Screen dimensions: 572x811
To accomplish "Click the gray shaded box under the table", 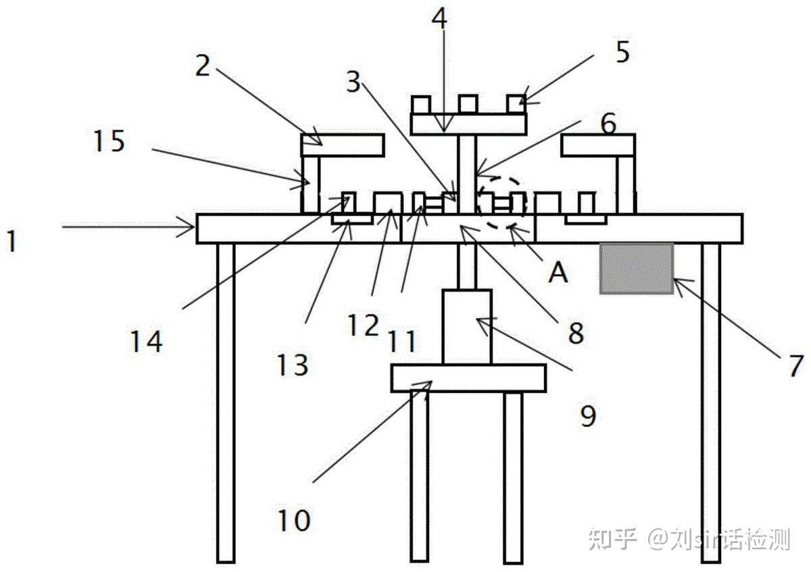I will tap(636, 268).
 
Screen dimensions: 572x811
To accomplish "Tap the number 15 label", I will tap(109, 142).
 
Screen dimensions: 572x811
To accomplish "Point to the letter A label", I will tap(558, 273).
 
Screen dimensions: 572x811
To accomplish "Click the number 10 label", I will tap(294, 520).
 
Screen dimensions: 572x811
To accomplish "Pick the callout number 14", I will tap(147, 341).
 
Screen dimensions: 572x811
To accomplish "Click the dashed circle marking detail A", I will tap(501, 202).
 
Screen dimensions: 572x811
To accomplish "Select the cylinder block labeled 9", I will tap(467, 328).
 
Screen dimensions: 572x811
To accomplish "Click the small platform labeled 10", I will tap(468, 378).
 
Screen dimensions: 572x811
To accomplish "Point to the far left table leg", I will tap(226, 402).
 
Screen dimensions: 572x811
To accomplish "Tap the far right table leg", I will tap(710, 402).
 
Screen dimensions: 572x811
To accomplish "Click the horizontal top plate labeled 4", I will tap(468, 124).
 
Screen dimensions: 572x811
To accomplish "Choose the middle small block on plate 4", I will tap(468, 104).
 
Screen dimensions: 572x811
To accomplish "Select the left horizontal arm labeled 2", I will tap(343, 145).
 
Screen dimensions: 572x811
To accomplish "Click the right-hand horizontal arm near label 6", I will tap(597, 145).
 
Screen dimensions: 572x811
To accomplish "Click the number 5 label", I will tap(622, 52).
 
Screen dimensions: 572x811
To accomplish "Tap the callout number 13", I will tap(292, 365).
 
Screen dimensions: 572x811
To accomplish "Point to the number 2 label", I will tap(203, 66).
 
